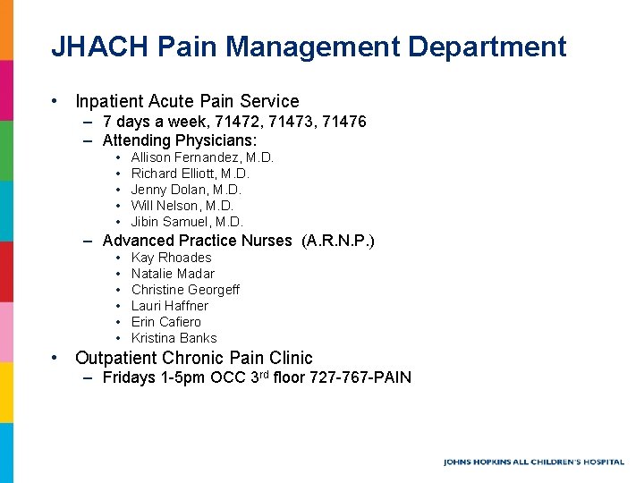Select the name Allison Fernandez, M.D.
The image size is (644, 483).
tap(202, 157)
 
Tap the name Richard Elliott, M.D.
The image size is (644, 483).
tap(190, 174)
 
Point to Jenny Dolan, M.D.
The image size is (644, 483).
tap(186, 190)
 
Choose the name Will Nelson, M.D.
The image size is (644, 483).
tap(182, 206)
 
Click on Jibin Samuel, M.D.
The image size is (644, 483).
tap(186, 222)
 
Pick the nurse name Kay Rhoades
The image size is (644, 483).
tap(171, 258)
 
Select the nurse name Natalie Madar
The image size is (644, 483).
tap(173, 274)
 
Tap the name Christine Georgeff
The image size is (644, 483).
tap(185, 290)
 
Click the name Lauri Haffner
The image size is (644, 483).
tap(169, 306)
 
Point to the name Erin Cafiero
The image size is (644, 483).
tap(165, 322)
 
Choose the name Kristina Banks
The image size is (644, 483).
tap(174, 338)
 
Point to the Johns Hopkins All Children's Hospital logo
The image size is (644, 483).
tap(533, 462)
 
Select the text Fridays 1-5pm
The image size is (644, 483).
tap(154, 377)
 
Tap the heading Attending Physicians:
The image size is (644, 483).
tap(180, 140)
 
